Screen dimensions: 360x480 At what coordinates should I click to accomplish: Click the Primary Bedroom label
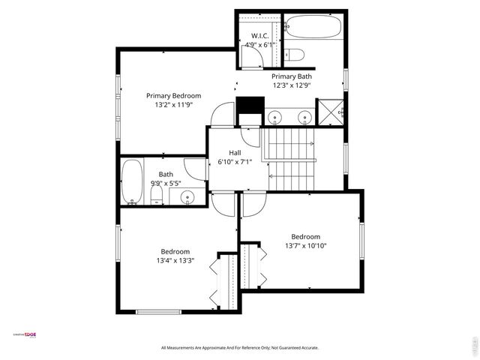tap(173, 95)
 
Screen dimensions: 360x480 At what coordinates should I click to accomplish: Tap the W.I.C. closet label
tap(259, 35)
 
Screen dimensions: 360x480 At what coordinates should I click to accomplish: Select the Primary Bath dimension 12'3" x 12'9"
tap(291, 85)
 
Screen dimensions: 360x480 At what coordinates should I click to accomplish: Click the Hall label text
tap(235, 152)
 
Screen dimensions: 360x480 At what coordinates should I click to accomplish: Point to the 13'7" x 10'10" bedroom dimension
tap(305, 245)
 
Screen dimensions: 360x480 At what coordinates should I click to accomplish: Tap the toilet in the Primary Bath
tap(295, 54)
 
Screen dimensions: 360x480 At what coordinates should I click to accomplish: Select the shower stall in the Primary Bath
tap(329, 112)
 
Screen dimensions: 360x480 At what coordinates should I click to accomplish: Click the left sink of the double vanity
tap(275, 117)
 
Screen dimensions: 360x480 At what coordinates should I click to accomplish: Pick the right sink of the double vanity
tap(304, 117)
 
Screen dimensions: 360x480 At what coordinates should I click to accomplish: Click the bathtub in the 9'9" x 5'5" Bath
tap(133, 181)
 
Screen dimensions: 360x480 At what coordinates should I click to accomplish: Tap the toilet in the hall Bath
tap(157, 195)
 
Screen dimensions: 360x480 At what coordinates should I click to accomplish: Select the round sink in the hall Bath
tap(186, 197)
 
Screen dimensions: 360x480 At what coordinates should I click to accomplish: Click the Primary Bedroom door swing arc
tap(222, 114)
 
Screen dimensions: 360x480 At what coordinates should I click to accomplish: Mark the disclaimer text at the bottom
tap(240, 348)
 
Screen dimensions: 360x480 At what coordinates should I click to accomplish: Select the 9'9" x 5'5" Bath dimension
tap(165, 183)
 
